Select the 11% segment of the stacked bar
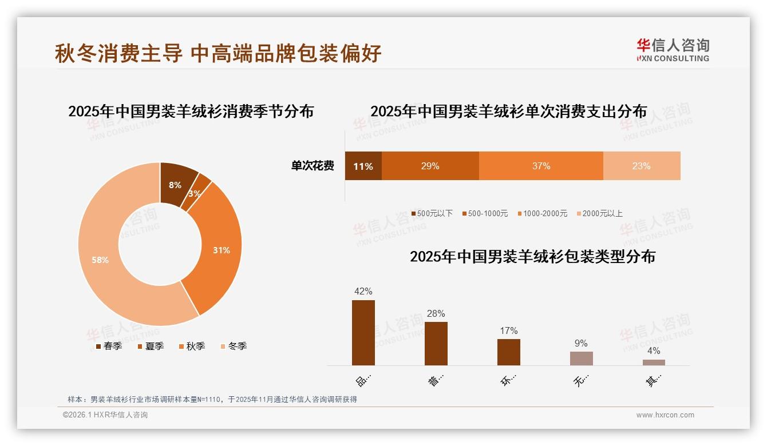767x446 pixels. tap(363, 166)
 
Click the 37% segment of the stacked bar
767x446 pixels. tap(541, 166)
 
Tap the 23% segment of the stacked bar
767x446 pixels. tap(641, 166)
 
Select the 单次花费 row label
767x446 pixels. tap(313, 166)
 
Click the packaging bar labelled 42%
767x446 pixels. tap(363, 332)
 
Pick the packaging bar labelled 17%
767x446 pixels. tap(508, 352)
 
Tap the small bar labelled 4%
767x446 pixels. tap(654, 362)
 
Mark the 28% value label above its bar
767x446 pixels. tap(436, 314)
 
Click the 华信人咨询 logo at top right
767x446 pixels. tap(673, 50)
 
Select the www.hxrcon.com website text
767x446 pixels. tap(665, 415)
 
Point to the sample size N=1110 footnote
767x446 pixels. tap(212, 399)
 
